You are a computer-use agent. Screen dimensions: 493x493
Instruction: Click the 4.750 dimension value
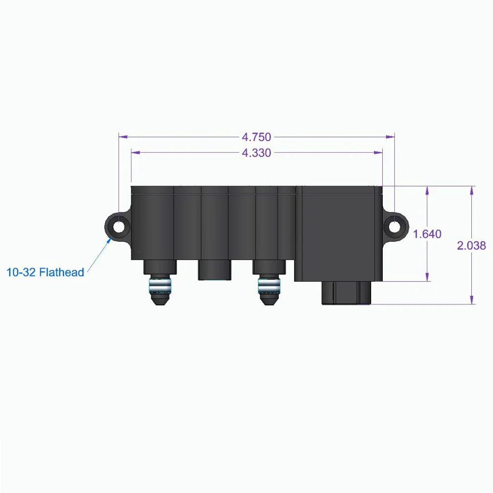point(256,137)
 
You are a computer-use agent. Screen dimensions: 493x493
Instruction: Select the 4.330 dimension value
point(256,153)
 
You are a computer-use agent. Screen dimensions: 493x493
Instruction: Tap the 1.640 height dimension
point(427,234)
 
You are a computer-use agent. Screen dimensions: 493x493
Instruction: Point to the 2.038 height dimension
point(471,246)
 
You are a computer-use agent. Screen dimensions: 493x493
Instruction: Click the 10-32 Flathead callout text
point(46,272)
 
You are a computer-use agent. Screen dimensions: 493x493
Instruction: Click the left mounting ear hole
point(118,227)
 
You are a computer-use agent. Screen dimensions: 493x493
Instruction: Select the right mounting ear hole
point(394,227)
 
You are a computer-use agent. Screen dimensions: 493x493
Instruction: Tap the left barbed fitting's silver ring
point(160,286)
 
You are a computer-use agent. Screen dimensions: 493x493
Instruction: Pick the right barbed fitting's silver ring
point(269,286)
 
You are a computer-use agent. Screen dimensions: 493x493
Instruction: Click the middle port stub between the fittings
point(214,270)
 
